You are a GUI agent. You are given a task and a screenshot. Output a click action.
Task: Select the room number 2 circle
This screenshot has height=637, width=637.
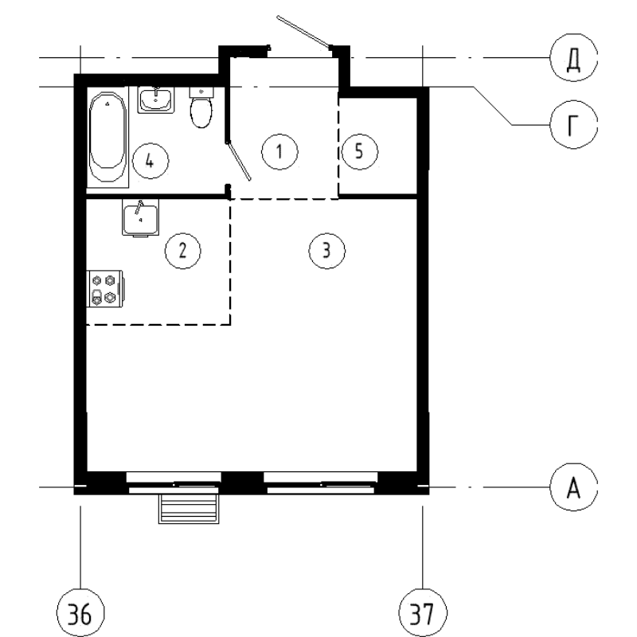(x=182, y=251)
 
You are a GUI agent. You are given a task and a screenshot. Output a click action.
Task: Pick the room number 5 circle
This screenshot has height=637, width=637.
(x=359, y=150)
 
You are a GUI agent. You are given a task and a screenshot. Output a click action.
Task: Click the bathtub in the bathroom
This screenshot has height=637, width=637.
(x=107, y=137)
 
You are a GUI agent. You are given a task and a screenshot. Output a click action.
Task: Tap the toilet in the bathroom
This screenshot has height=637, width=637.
(x=201, y=109)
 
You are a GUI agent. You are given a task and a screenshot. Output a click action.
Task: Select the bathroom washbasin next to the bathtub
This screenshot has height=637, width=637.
(x=156, y=100)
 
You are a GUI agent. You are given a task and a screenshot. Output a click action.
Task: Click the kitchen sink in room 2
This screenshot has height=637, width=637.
(x=141, y=217)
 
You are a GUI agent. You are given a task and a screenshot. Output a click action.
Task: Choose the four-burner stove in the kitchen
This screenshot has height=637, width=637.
(x=104, y=289)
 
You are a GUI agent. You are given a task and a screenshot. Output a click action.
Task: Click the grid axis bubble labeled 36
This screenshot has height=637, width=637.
(x=81, y=614)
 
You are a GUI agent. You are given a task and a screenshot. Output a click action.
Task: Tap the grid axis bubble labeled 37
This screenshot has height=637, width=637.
(x=422, y=614)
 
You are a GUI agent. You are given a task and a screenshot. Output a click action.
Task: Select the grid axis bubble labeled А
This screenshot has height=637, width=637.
(x=572, y=487)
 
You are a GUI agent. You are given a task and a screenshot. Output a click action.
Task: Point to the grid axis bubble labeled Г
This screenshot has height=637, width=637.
(x=572, y=125)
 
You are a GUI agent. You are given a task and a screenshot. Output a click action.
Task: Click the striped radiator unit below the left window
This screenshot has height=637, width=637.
(x=189, y=508)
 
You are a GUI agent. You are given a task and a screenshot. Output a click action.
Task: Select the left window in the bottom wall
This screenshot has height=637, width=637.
(x=174, y=482)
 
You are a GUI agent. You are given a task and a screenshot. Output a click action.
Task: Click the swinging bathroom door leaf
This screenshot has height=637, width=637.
(x=240, y=160)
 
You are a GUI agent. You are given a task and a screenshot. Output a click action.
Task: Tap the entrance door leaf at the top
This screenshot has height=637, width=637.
(x=302, y=31)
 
